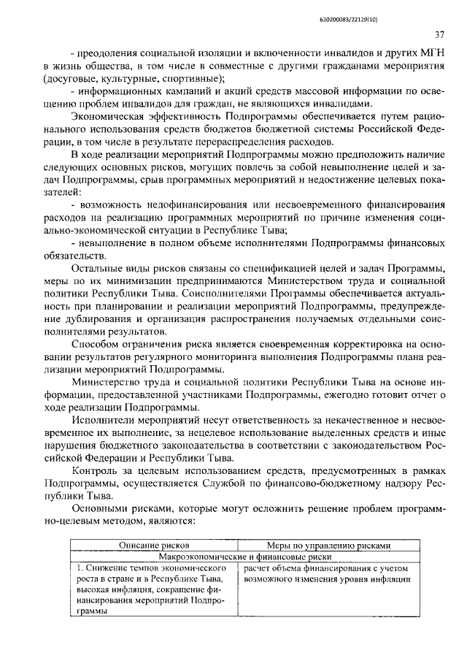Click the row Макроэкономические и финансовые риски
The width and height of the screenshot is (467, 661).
[x=240, y=556]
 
